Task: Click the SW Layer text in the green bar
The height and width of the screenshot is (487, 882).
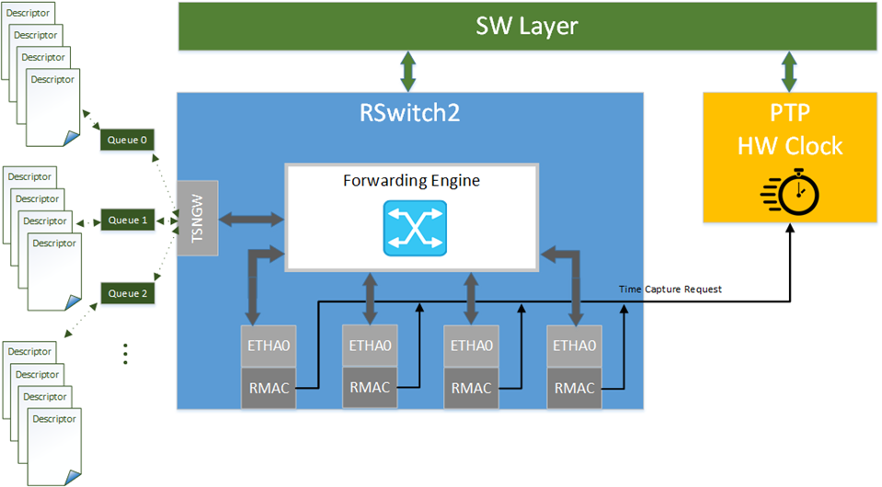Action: coord(526,26)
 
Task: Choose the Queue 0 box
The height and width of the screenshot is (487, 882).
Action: coord(127,141)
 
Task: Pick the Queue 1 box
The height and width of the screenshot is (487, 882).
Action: coord(127,221)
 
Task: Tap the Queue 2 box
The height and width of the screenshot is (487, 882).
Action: coord(127,294)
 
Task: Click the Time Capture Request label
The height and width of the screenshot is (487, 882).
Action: coord(670,289)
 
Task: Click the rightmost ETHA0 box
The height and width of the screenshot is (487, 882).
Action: coord(574,346)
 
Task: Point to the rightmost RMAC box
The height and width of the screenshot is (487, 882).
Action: coord(574,388)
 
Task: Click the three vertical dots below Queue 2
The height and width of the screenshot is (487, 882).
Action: coord(124,353)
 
